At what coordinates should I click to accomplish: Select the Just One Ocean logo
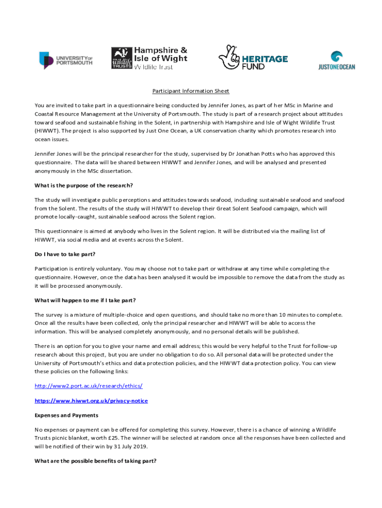(x=336, y=61)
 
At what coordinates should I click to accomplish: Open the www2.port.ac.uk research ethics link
(x=88, y=385)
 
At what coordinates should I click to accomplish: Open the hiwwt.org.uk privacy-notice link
(x=91, y=400)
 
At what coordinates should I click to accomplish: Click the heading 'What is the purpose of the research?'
(x=84, y=186)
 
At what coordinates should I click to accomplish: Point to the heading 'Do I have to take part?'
(x=64, y=254)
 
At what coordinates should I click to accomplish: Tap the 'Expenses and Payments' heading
(x=66, y=415)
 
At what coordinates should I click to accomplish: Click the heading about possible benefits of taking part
(x=95, y=461)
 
